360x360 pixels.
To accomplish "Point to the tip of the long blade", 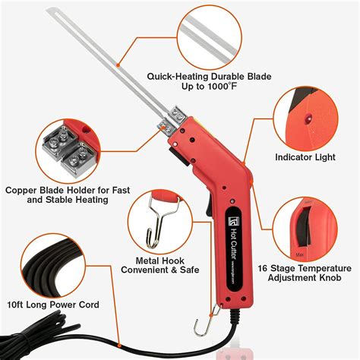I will [x=50, y=10].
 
